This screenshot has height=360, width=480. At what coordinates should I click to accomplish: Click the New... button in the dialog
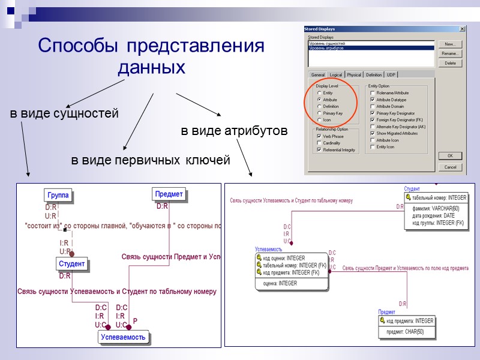pos(450,44)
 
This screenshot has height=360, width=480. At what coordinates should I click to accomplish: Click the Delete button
pos(450,63)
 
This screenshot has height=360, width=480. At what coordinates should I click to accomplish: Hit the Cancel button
pos(450,167)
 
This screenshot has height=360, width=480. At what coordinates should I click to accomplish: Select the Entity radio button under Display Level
pos(319,93)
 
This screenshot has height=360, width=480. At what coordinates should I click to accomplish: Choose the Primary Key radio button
pos(319,113)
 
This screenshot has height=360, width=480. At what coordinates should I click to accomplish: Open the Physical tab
pos(354,75)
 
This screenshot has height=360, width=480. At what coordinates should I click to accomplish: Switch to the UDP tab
pos(391,75)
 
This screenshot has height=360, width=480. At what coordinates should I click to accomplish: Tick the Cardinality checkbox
pos(319,143)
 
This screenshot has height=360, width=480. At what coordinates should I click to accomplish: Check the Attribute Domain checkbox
pos(373,106)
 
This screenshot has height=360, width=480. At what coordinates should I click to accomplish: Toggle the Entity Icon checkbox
pos(373,146)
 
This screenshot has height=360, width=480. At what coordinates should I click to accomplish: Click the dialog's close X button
pos(462,29)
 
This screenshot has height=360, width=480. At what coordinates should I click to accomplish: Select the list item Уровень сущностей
pos(327,44)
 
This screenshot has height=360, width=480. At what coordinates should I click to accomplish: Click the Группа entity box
pos(58,195)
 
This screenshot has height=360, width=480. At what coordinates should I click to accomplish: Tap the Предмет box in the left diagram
pos(169,194)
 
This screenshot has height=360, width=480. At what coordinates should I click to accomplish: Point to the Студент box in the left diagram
pos(71,263)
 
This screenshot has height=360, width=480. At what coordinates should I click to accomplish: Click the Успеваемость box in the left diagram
pos(123,337)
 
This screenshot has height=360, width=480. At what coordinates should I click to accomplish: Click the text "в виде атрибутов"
pos(234,130)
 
